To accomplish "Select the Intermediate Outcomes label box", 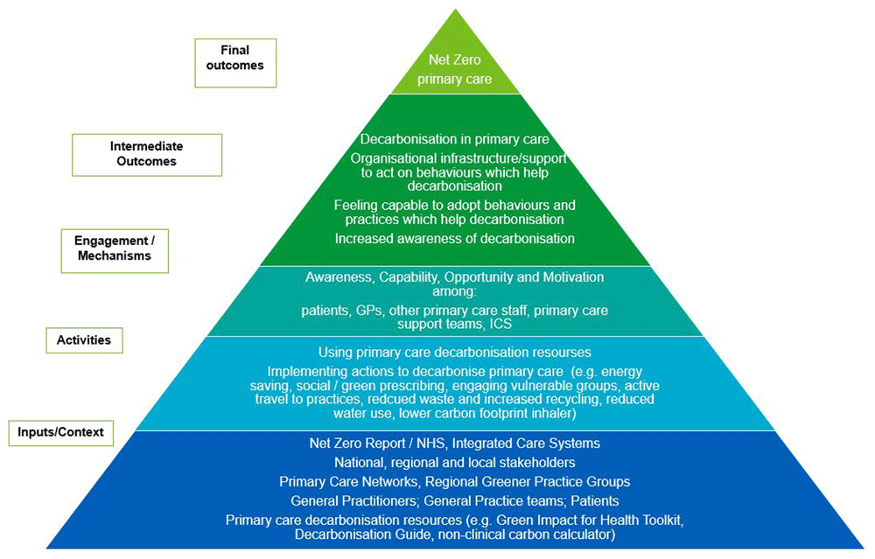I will tap(147, 154).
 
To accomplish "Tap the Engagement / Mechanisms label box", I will tap(114, 249).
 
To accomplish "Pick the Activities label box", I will tap(84, 339).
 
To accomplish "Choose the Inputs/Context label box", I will tap(60, 432).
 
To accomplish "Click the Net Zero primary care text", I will tap(454, 70).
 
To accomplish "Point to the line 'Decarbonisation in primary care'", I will tap(454, 140).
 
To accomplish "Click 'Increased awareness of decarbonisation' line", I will tap(454, 239).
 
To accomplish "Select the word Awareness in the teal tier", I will tap(337, 277).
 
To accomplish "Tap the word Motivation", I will tap(572, 277).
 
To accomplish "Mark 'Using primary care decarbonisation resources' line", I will tap(454, 353).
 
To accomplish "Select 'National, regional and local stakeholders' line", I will tap(454, 462).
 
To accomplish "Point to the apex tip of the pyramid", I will tap(455, 10).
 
